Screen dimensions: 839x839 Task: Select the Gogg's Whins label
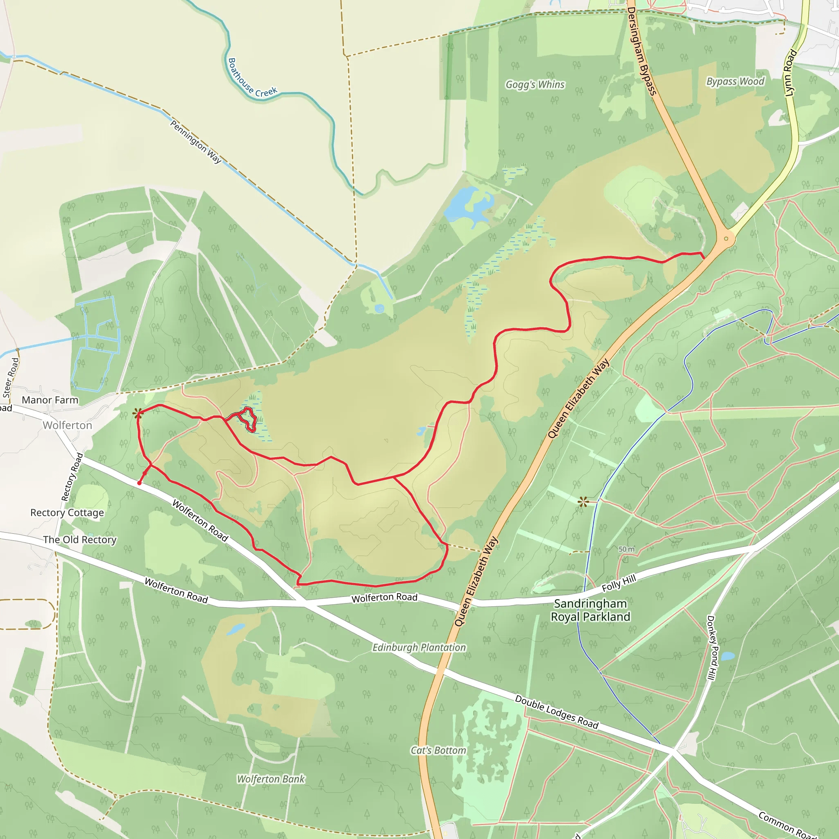[x=535, y=85]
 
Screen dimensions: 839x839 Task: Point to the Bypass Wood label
[x=735, y=82]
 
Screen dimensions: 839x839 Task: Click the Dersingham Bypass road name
[x=642, y=51]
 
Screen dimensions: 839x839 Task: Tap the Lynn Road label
[x=790, y=73]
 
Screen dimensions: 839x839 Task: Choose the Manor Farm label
[x=50, y=400]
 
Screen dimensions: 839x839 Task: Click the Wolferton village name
[x=67, y=425]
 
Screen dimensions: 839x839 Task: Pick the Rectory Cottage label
[x=67, y=513]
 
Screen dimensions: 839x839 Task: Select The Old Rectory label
[x=79, y=540]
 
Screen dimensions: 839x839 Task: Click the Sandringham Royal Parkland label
[x=590, y=610]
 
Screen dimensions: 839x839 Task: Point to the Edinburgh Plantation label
[x=419, y=648]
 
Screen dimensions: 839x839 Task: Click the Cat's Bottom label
[x=438, y=751]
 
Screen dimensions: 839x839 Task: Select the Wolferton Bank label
[x=271, y=779]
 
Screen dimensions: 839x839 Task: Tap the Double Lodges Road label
[x=556, y=712]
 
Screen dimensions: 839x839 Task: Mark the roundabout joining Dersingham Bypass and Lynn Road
[x=726, y=238]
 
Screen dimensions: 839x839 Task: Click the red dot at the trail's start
[x=139, y=483]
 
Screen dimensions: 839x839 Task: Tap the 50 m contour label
[x=626, y=549]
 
